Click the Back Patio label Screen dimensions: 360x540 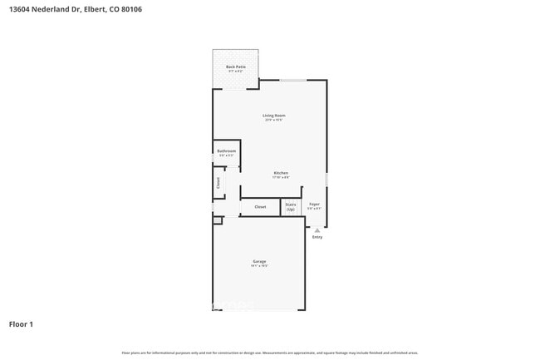tap(236, 67)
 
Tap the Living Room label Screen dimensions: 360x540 tap(274, 116)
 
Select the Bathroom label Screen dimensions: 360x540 tap(227, 150)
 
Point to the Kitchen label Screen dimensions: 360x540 tap(281, 173)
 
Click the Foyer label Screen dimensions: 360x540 tap(315, 204)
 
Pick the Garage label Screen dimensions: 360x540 tap(259, 262)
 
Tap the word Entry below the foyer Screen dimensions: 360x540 tap(317, 237)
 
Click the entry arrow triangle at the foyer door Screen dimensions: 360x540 tap(317, 230)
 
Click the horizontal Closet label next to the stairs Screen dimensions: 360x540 tap(260, 206)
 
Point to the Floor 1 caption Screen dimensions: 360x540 tap(21, 324)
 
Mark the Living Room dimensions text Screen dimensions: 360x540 tap(274, 121)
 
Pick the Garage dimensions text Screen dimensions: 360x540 tap(259, 267)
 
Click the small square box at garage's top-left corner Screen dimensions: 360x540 tap(217, 220)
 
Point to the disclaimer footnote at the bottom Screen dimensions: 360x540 tap(270, 353)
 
